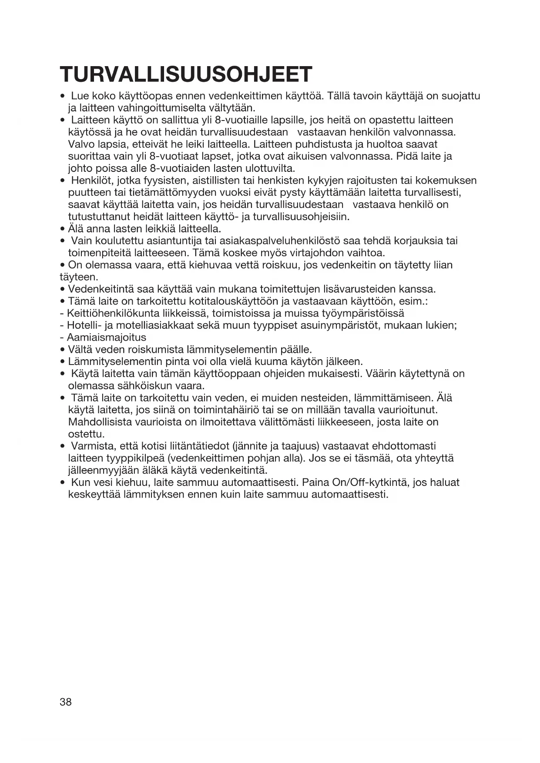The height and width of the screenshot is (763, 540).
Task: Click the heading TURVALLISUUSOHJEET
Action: tap(186, 74)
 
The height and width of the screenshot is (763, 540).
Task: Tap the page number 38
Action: tap(66, 702)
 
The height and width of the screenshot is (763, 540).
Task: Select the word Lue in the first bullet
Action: tap(80, 96)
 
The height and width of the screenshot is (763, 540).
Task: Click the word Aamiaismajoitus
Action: tap(106, 338)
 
